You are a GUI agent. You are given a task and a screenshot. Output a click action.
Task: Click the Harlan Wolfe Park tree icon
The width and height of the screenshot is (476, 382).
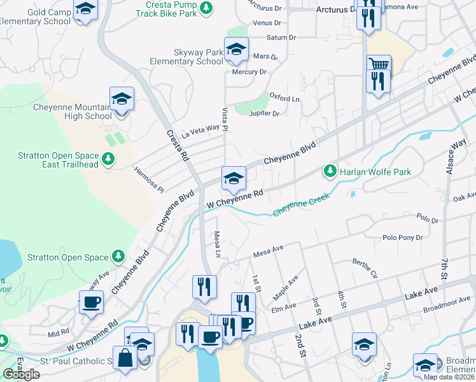tap(330, 171)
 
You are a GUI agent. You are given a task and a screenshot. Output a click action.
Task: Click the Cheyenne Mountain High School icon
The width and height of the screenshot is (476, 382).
tap(121, 99)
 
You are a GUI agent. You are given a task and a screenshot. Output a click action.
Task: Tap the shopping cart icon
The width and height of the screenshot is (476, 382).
tap(378, 65)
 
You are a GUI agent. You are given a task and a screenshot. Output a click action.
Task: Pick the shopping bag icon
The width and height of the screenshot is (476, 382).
tap(125, 359)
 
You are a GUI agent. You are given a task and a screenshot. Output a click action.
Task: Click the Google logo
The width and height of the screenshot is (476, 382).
tap(21, 374)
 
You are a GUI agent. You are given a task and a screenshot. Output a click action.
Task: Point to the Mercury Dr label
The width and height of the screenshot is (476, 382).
tap(249, 72)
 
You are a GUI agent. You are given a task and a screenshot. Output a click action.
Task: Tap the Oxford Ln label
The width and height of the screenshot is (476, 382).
tap(284, 97)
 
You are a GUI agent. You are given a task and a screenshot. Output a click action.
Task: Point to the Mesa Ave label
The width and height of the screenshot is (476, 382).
tap(268, 252)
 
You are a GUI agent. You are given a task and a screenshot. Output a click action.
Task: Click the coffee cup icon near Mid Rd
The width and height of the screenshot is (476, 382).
tap(91, 301)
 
